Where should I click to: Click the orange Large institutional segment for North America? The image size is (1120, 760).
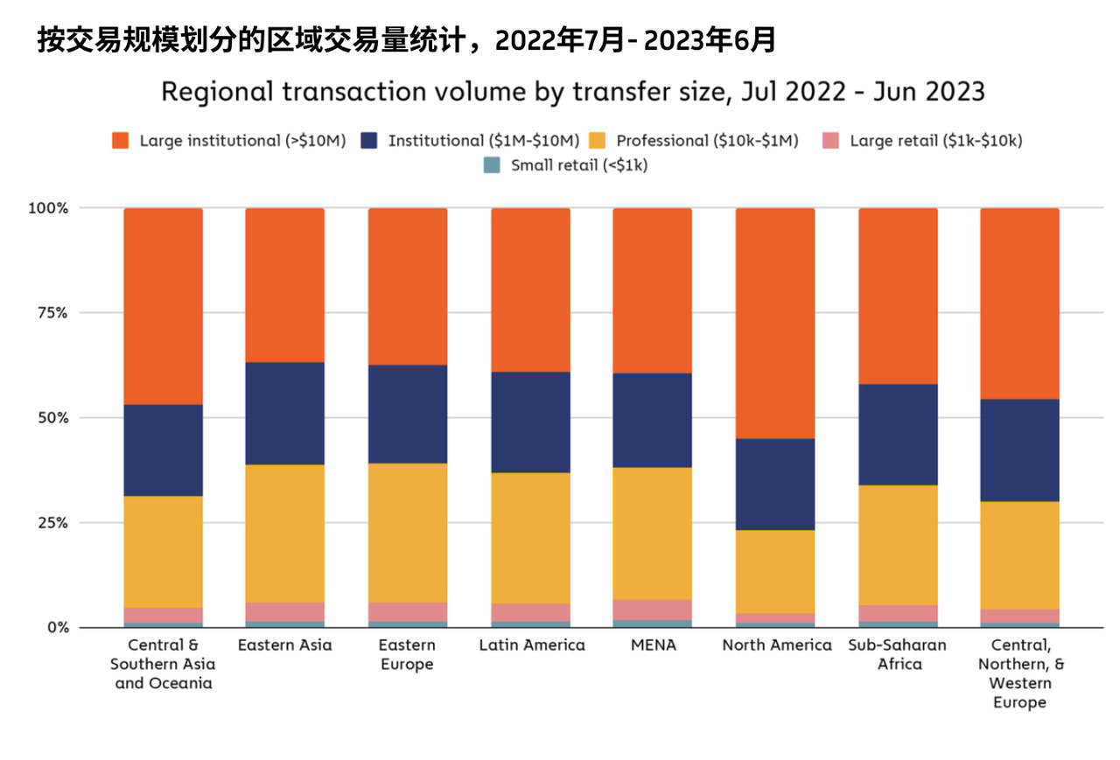coord(774,324)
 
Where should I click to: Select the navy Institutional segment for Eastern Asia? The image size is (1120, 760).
coord(284,413)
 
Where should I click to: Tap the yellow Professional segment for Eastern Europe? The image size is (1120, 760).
coord(407,533)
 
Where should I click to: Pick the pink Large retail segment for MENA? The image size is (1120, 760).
coord(652,610)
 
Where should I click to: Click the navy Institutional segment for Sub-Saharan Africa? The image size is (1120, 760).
coord(898,434)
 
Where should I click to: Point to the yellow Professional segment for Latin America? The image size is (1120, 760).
coord(530,538)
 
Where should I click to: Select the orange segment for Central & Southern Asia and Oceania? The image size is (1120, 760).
coord(163,306)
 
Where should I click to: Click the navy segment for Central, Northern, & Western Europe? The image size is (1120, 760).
coord(1019,450)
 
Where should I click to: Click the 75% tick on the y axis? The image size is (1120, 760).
coord(50,313)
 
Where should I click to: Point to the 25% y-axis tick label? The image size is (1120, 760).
coord(50,523)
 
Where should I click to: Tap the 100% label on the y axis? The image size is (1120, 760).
coord(47,208)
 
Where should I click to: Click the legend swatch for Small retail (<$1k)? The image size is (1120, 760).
coord(493,164)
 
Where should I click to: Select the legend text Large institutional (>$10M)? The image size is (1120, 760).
coord(242,140)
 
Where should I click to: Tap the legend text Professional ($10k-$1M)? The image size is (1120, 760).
coord(707,140)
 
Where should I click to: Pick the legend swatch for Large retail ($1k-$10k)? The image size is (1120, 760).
coord(831,140)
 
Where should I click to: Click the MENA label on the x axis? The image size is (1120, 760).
coord(652,645)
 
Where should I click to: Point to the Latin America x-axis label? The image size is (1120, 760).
coord(532,645)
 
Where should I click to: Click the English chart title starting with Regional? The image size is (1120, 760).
coord(573,91)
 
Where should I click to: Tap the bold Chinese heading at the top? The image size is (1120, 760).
coord(407,40)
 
